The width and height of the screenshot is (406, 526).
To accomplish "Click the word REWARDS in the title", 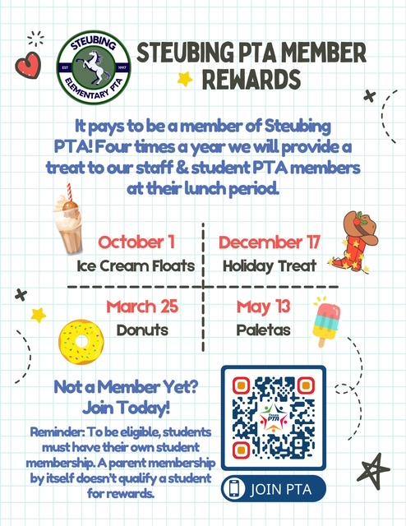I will pos(251,81).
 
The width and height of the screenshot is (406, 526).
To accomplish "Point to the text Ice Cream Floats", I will pos(136,265).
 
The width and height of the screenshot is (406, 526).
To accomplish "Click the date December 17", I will pos(270,242).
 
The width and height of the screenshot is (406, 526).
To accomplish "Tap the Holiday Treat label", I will pos(264,265).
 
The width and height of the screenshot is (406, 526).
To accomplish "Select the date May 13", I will pos(263,307).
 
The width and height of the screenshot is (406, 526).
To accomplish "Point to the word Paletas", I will pos(263,330).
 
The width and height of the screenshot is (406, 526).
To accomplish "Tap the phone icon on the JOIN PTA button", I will pos(237,488).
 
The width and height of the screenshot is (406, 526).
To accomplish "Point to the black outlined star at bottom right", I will pos(373,470).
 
